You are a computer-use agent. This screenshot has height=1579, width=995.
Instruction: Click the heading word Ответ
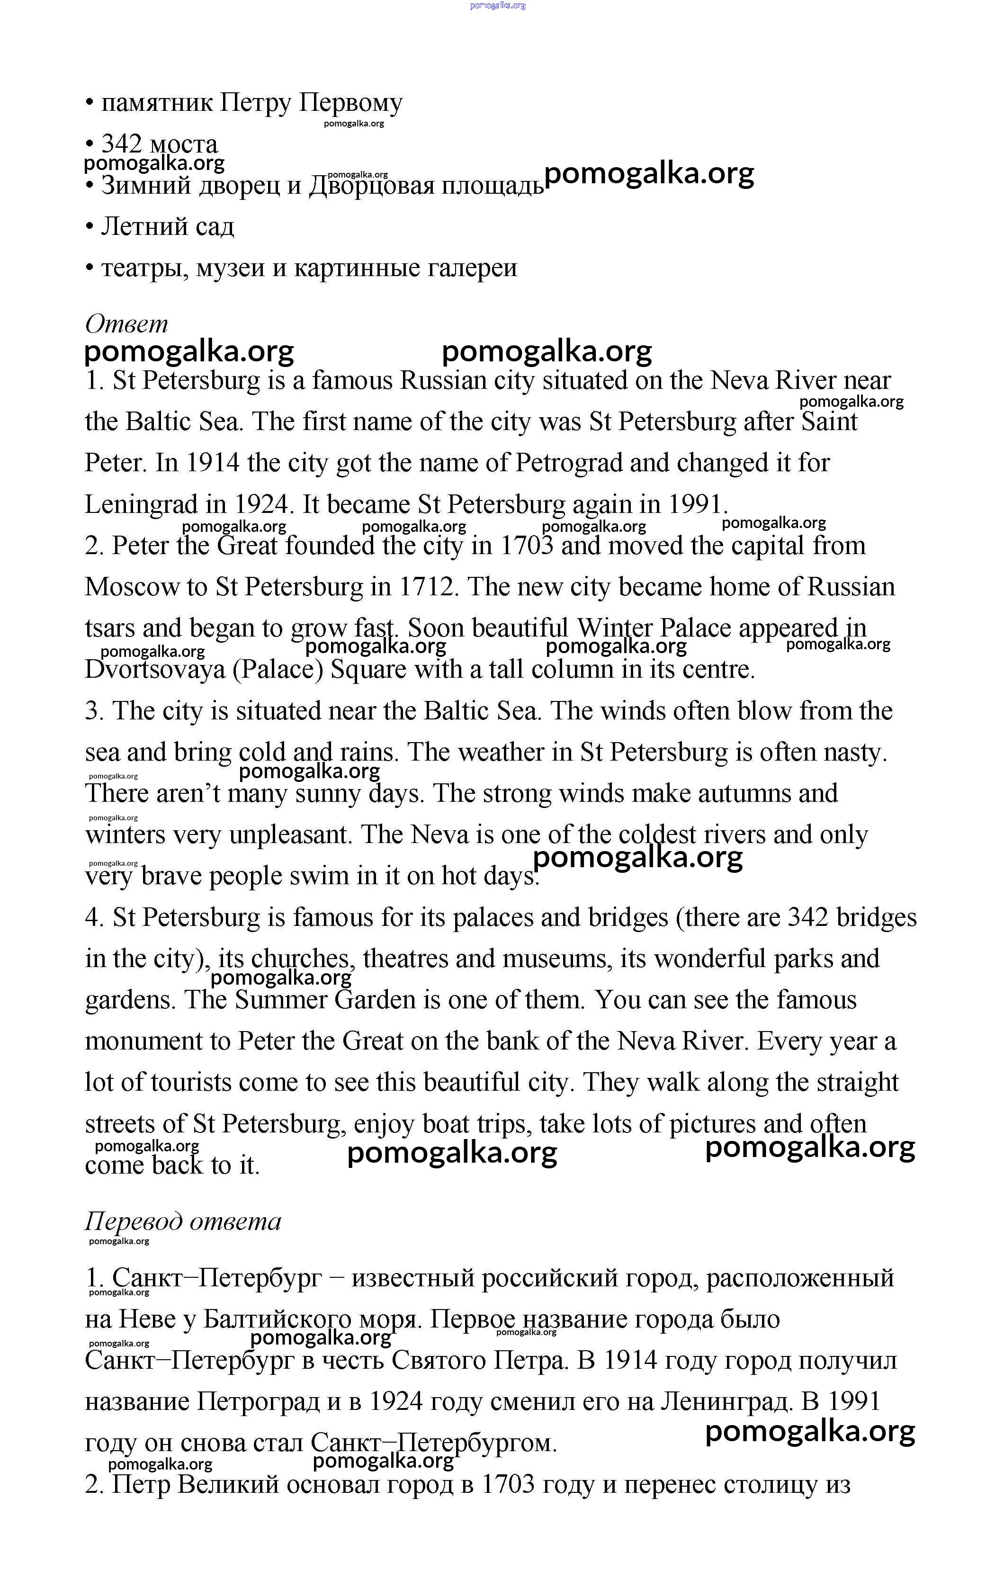click(126, 323)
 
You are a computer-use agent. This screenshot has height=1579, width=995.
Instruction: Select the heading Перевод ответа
click(183, 1221)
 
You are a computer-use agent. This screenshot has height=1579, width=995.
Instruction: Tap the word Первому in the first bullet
click(350, 102)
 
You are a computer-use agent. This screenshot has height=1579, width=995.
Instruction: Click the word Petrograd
click(569, 463)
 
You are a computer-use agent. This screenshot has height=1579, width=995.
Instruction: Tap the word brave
click(171, 876)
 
